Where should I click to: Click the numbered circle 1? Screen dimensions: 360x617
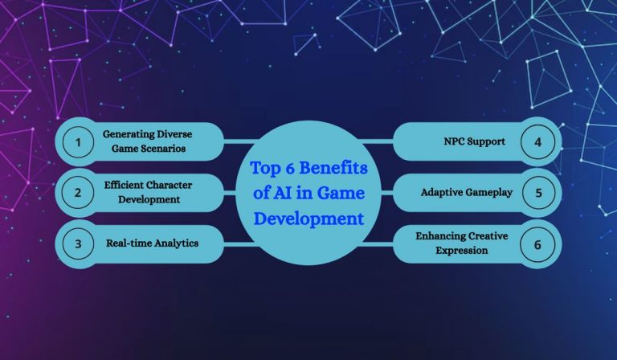[78, 143]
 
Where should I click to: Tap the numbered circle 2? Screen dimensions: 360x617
[78, 193]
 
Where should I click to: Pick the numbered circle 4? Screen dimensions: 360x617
[537, 141]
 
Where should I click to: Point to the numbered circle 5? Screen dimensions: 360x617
[537, 193]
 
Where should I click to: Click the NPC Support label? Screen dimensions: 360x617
[474, 141]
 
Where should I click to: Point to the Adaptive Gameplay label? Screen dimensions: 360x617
[466, 193]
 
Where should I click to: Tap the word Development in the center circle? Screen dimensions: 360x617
[308, 217]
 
